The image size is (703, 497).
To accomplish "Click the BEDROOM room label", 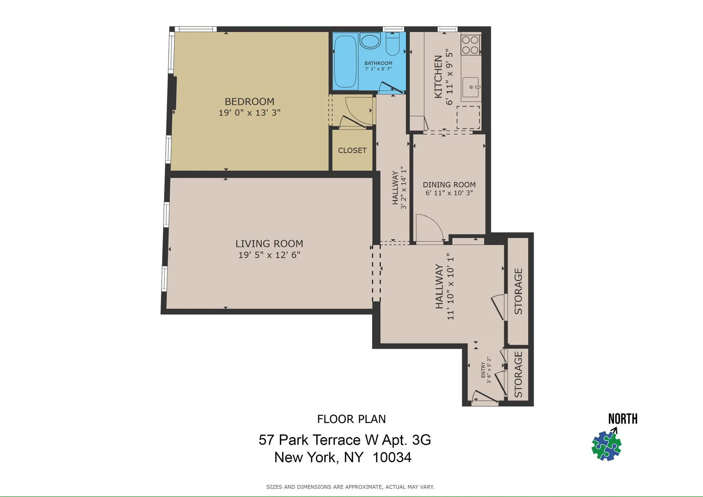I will tap(249, 102).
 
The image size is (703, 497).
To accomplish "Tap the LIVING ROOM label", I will tap(269, 244).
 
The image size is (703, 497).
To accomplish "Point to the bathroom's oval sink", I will tap(370, 41).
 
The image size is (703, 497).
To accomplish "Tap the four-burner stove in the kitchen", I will tap(470, 45).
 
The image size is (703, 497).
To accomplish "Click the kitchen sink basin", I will tap(471, 87).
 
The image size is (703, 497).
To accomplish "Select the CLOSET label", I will tap(352, 150).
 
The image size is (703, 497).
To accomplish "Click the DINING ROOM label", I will tap(449, 185).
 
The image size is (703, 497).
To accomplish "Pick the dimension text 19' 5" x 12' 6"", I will tap(269, 255).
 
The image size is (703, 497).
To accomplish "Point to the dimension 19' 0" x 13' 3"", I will tap(249, 113).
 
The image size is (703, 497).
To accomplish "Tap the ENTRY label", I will tap(483, 370).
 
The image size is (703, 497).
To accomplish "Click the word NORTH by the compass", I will tap(622, 419).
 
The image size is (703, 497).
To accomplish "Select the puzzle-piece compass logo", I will tap(607, 446).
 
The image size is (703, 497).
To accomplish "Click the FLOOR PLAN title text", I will tap(351, 419).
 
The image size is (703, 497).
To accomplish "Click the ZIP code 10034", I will tap(392, 458).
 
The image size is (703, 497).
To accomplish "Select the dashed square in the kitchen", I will tap(468, 117).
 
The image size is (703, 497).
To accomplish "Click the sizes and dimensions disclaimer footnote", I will tap(350, 487).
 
